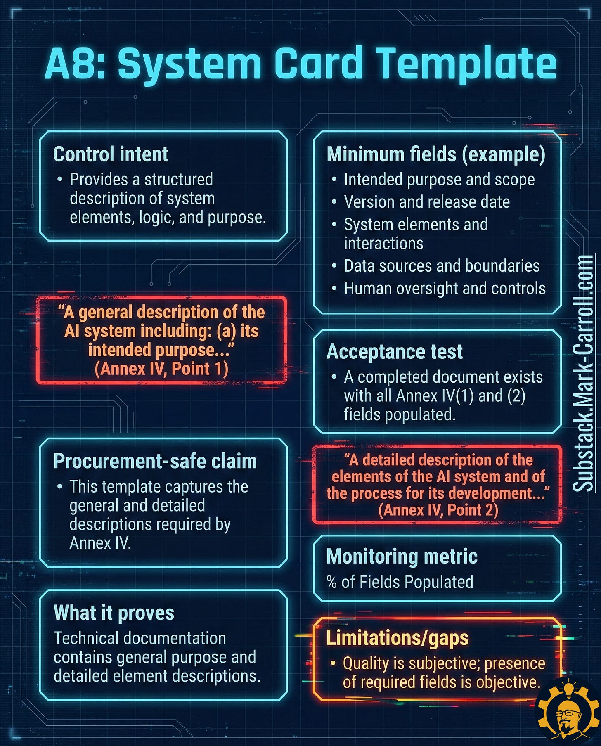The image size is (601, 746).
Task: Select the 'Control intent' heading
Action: pos(111,154)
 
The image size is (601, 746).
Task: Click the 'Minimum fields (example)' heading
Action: pos(436,154)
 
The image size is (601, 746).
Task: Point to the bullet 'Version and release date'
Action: pos(427,202)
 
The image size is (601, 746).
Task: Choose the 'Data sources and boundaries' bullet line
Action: pos(442,266)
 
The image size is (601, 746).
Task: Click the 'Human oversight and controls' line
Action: pos(445,289)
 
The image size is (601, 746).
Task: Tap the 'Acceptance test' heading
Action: pos(394,352)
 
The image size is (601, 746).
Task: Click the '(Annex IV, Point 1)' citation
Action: pos(161,369)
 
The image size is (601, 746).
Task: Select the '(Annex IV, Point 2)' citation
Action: pos(438,510)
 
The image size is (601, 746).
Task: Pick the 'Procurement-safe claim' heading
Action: pos(155,461)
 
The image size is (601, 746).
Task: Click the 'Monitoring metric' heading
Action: pos(402,557)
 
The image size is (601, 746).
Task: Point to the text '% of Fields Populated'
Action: pos(400,582)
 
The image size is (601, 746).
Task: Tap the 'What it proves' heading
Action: pos(114,613)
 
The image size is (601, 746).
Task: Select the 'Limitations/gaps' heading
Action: pos(397,638)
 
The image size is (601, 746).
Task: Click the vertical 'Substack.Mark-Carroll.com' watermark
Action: pos(584,374)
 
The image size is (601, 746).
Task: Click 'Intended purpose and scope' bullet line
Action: pos(439,180)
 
